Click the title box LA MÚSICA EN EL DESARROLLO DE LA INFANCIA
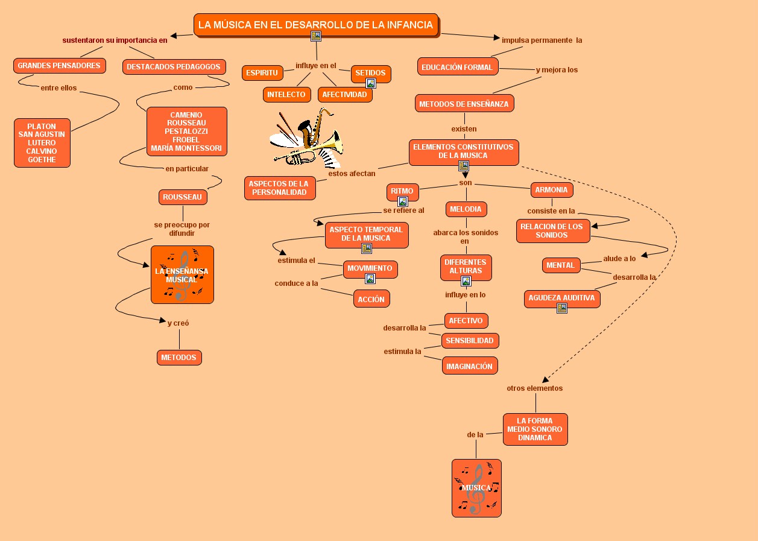(315, 25)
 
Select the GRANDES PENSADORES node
(59, 66)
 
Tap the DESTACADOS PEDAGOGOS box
(174, 67)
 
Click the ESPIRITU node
(262, 73)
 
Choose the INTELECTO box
(286, 95)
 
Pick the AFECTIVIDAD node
(344, 95)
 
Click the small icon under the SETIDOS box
(371, 84)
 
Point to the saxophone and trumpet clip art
(306, 139)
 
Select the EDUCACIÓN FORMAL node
(457, 67)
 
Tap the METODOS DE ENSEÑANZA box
(464, 104)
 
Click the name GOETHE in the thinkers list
(42, 160)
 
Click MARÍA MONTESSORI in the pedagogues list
(186, 148)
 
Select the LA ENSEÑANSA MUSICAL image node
(182, 274)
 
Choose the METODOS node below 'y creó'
(179, 358)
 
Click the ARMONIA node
(551, 190)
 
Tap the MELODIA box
(466, 209)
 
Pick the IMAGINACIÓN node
(469, 366)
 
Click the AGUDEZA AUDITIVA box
(561, 298)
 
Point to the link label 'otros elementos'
(534, 388)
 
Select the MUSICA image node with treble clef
(476, 488)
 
